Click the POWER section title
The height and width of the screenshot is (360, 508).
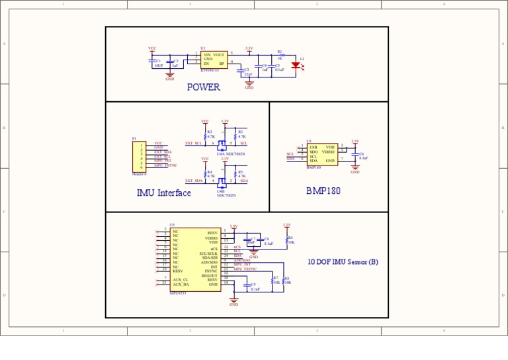[203, 87]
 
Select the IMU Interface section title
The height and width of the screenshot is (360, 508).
[163, 193]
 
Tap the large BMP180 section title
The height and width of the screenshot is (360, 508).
[323, 191]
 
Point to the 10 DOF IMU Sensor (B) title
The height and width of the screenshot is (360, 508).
[343, 262]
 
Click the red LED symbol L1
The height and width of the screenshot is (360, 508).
[295, 66]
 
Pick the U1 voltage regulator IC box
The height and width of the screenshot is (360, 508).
[214, 60]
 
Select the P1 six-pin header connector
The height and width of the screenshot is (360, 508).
[139, 157]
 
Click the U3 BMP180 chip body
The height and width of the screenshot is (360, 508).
[321, 154]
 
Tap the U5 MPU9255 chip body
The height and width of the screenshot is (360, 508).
[195, 259]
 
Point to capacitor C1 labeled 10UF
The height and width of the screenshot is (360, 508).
[152, 62]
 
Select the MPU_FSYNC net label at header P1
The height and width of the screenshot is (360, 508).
[165, 165]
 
